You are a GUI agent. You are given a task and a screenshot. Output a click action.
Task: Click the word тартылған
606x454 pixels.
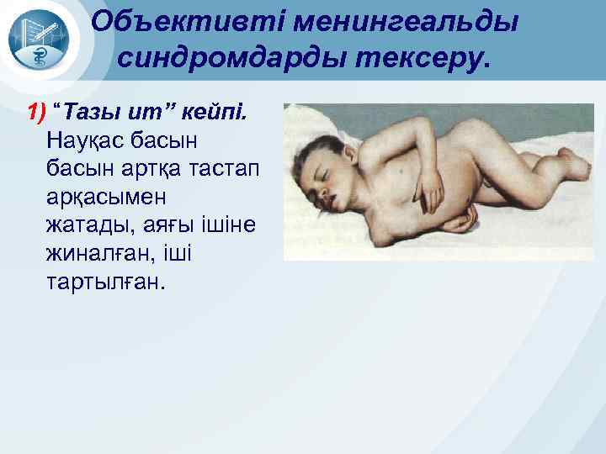click(102, 282)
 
